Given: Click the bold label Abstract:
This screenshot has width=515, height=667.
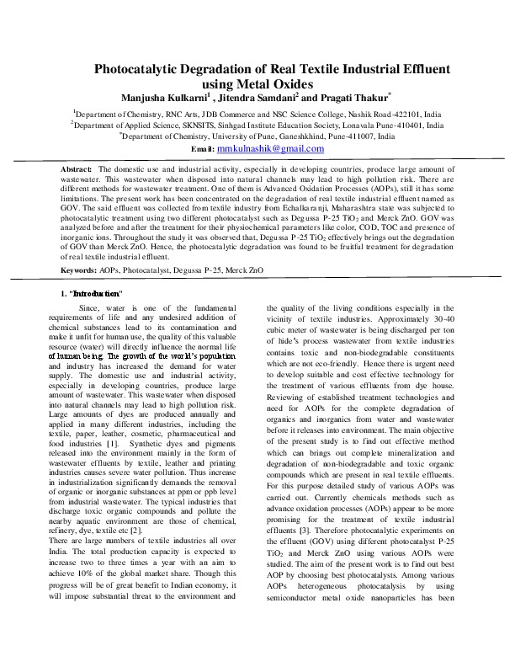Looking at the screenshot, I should click(77, 169).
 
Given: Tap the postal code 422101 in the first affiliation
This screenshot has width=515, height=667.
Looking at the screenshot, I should click(403, 112).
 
